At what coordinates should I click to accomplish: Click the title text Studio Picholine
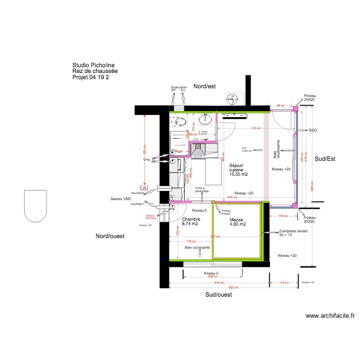coord(93,65)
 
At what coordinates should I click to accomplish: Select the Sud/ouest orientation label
coord(219,295)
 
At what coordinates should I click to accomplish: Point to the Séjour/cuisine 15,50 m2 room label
coord(237,170)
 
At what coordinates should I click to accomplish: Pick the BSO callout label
coord(313,130)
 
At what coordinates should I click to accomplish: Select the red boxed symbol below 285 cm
coord(143,187)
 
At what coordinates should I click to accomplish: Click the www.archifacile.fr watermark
coord(330,316)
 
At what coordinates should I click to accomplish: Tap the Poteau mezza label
coord(225,212)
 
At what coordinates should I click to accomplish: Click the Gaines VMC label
coord(120,198)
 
